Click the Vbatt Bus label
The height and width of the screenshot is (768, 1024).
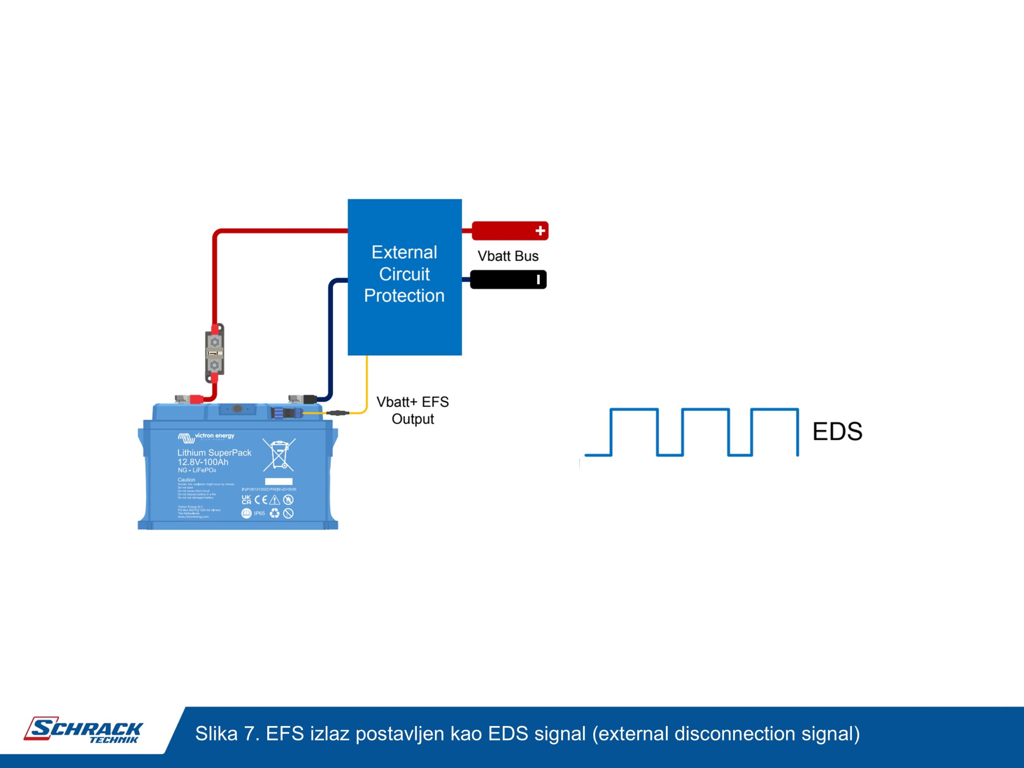point(508,256)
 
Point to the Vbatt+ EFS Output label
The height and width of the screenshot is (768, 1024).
point(412,410)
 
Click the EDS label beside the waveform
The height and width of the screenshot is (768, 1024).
point(837,432)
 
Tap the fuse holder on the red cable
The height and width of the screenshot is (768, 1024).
point(214,353)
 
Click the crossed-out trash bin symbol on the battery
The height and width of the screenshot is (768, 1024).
point(279,454)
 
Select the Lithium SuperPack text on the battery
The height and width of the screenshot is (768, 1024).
point(214,453)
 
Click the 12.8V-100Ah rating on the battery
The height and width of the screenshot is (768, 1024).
point(203,462)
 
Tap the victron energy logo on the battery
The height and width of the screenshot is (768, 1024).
point(206,436)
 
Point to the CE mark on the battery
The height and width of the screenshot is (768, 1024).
point(261,500)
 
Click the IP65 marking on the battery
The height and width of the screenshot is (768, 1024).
point(259,513)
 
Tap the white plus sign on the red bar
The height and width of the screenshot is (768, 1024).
point(540,230)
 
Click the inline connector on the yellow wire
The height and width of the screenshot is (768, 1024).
point(338,412)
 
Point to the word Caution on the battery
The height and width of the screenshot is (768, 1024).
point(186,480)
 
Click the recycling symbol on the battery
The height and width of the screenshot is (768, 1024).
point(274,513)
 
